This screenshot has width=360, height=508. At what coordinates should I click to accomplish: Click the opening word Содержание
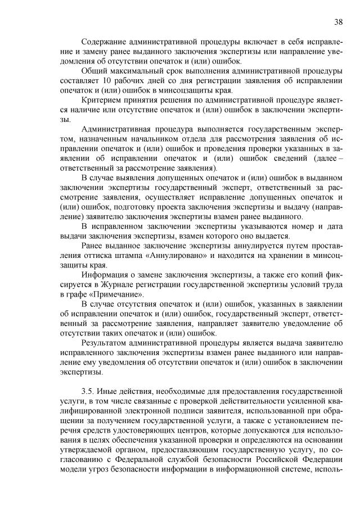click(x=103, y=42)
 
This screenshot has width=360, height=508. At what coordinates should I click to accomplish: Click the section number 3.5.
click(x=87, y=391)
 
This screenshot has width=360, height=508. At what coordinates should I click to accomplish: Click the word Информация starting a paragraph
click(x=107, y=275)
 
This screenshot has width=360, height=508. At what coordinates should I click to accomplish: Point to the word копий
click(x=310, y=275)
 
